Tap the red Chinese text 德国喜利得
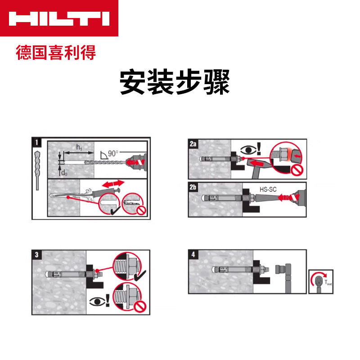56,53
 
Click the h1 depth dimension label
78,148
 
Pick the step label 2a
193,144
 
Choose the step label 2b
193,187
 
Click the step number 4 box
193,254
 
